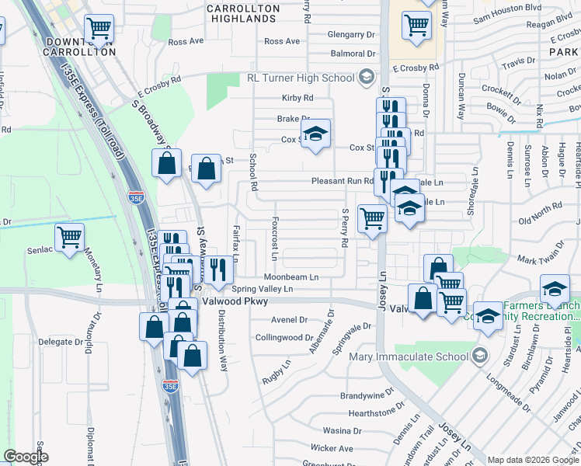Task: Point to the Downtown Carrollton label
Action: (x=81, y=47)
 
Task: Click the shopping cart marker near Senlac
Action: (x=69, y=237)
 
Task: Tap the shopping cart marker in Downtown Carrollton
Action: (x=99, y=30)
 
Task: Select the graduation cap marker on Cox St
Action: (x=315, y=134)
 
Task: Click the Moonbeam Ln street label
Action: (x=291, y=276)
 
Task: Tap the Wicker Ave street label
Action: (x=332, y=448)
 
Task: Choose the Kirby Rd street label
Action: (x=297, y=98)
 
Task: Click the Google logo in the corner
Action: (x=26, y=457)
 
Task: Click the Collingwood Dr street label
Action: (x=284, y=338)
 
